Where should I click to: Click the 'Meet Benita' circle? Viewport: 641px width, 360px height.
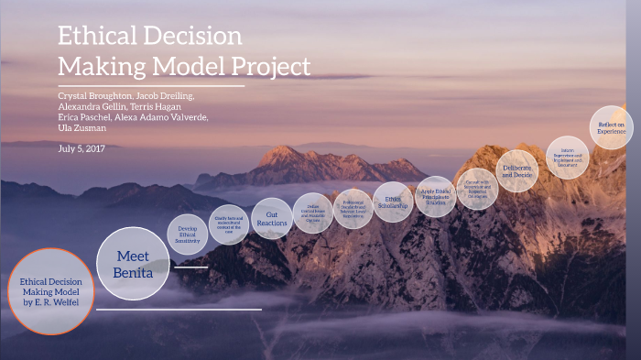tap(133, 263)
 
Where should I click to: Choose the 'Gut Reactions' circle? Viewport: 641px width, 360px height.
tap(272, 218)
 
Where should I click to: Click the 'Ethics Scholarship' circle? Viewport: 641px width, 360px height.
tap(394, 202)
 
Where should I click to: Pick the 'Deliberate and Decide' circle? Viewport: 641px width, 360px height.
tap(517, 169)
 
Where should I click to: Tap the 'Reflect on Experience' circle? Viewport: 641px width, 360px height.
tap(611, 127)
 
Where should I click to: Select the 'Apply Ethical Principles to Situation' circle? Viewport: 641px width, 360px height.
tap(436, 196)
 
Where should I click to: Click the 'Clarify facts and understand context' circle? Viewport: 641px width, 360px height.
tap(228, 224)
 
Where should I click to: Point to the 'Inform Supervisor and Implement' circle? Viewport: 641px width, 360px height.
tap(567, 157)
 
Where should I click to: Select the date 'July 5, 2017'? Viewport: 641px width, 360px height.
tap(82, 148)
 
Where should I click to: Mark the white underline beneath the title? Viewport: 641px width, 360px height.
tap(151, 86)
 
